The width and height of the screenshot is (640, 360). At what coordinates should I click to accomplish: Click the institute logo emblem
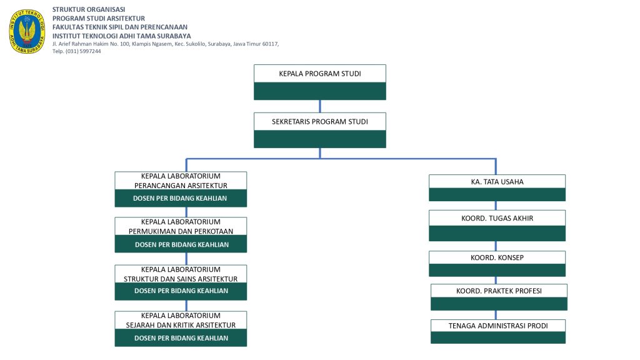tap(27, 31)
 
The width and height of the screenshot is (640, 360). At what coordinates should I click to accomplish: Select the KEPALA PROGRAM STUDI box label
tap(320, 74)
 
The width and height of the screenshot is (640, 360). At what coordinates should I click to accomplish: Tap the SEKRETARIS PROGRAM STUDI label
tap(320, 122)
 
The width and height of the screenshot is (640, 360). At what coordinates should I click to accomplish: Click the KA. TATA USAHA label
tap(497, 182)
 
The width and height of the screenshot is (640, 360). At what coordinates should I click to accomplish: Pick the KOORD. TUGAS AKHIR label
tap(497, 218)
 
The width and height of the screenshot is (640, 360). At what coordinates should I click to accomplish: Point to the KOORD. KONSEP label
tap(497, 257)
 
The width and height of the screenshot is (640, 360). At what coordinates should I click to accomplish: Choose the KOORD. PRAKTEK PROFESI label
tap(499, 291)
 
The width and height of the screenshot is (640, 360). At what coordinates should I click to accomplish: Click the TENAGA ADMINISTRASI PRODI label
tap(498, 326)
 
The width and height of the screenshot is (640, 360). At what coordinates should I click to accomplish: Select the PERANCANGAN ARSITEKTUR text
tap(181, 186)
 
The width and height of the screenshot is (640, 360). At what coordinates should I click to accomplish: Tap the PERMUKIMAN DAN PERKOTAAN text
tap(181, 231)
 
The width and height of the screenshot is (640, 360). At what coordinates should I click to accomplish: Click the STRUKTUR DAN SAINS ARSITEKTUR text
tap(181, 279)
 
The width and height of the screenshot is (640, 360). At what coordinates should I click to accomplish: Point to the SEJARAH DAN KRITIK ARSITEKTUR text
tap(181, 325)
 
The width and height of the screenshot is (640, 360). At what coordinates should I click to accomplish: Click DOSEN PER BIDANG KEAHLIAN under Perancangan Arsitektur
tap(180, 198)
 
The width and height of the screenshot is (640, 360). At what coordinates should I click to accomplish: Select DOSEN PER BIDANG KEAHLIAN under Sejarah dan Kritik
tap(181, 338)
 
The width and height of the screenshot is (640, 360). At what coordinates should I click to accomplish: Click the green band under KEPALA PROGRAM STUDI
tap(320, 91)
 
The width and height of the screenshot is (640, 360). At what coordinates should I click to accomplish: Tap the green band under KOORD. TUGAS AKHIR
tap(497, 234)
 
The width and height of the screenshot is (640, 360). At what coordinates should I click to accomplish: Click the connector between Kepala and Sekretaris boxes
tap(320, 106)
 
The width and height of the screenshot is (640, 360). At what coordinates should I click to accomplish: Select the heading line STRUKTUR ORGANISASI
tap(89, 9)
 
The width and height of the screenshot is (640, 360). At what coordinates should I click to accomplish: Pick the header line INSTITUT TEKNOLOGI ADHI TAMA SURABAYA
tap(122, 36)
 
